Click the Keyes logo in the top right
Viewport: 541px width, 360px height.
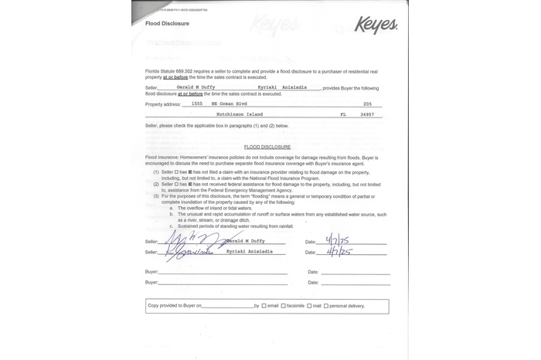point(376,25)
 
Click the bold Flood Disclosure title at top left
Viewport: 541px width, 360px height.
point(163,25)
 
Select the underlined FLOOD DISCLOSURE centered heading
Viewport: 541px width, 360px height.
point(267,146)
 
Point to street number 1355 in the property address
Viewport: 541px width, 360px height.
point(196,104)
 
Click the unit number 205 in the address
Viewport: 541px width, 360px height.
point(367,104)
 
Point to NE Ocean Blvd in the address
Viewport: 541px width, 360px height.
point(226,104)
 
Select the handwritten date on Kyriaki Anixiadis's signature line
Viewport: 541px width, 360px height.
point(339,252)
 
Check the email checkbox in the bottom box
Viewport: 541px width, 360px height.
point(264,306)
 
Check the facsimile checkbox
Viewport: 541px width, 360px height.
point(283,306)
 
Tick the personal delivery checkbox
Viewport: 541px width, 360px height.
point(326,306)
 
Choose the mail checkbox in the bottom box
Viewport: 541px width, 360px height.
point(308,306)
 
